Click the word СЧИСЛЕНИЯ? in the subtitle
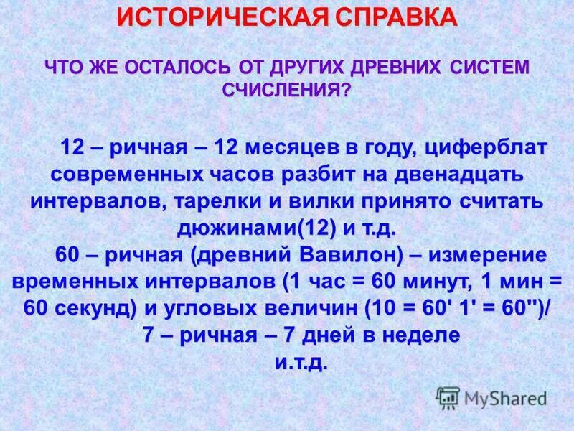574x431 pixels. tap(287, 90)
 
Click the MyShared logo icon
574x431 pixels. tap(448, 397)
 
